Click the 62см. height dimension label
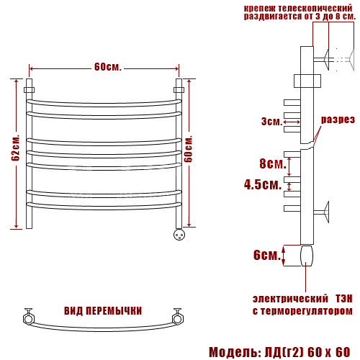tap(16, 148)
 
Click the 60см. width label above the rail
tap(108, 67)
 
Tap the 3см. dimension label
tap(272, 122)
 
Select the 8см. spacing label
tap(273, 163)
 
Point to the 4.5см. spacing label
tap(263, 184)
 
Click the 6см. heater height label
tap(267, 255)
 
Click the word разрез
tap(338, 120)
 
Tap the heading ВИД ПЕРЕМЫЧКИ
tap(103, 311)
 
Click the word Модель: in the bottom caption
tap(235, 352)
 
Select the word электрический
tap(290, 299)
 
